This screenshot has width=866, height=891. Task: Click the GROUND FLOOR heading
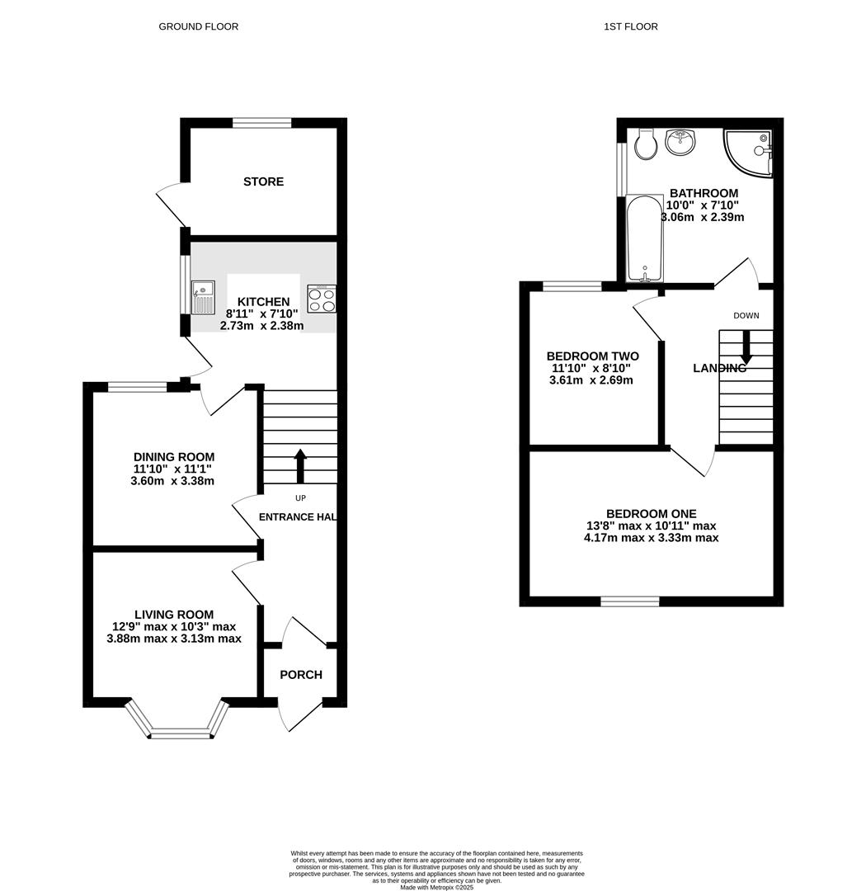point(198,26)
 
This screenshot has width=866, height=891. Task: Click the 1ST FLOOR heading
point(630,26)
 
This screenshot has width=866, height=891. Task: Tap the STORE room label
point(263,181)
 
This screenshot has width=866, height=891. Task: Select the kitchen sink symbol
point(202,297)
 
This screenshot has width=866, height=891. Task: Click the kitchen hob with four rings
point(322,298)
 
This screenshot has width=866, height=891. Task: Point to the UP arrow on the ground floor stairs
point(299,466)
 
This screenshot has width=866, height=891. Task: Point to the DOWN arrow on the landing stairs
point(746,346)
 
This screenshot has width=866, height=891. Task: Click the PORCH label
point(301,675)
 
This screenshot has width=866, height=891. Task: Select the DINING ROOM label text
point(174,457)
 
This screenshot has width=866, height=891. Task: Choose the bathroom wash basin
point(681,142)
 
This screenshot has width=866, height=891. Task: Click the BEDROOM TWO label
point(592,356)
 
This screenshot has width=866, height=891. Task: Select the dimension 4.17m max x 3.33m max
point(651,538)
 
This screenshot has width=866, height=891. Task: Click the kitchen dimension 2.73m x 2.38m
point(261,326)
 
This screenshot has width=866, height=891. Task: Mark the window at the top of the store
point(261,123)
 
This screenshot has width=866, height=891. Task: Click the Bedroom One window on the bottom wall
point(629,601)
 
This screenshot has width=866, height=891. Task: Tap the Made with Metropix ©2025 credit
point(437,887)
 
